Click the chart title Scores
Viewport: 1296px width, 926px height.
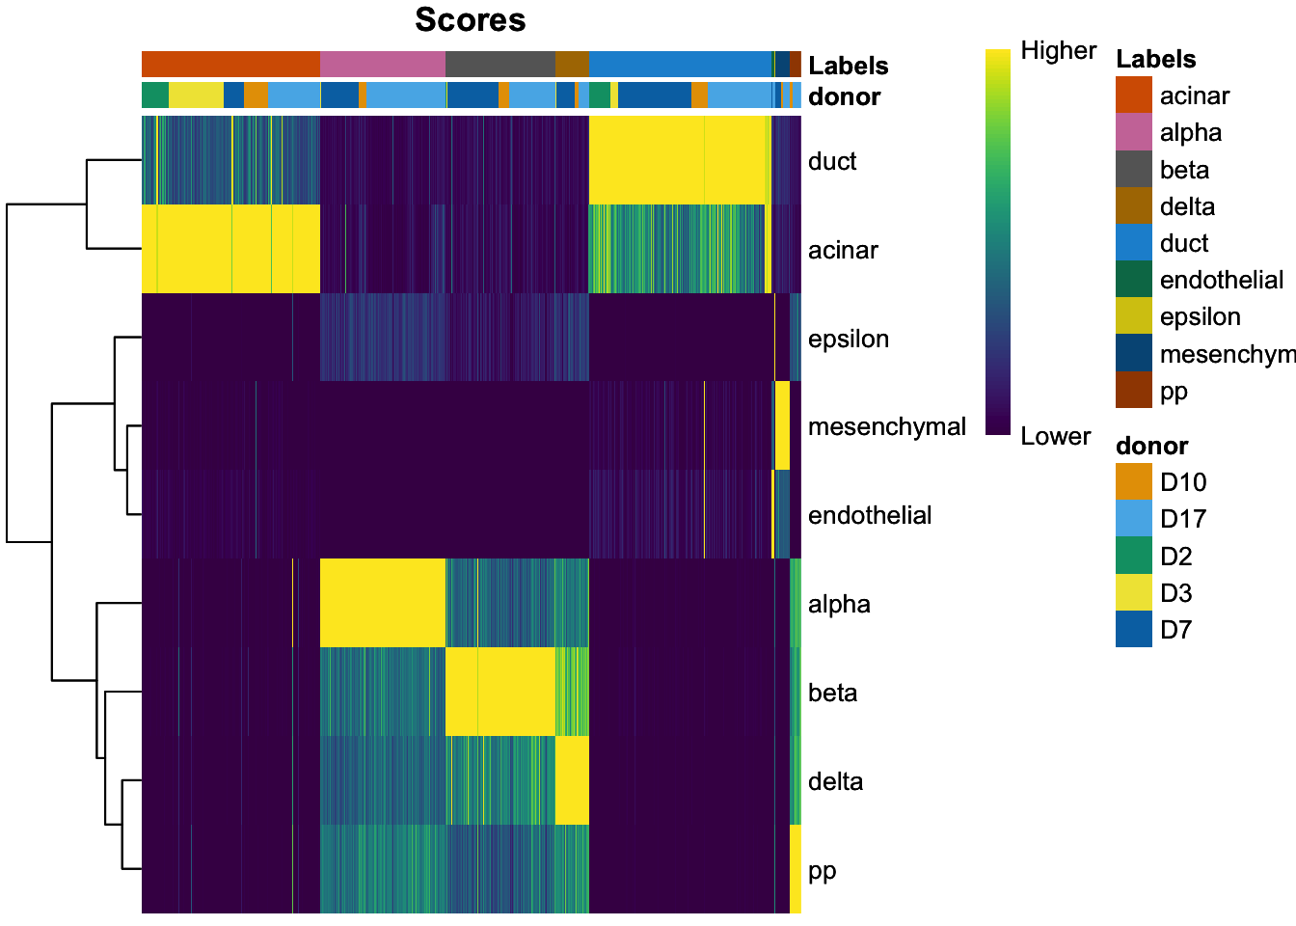(x=470, y=20)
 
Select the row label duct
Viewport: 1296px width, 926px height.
(x=832, y=161)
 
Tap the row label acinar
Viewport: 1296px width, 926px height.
(x=843, y=250)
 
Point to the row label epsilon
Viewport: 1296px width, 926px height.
(x=848, y=339)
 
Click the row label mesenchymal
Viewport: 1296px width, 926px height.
(x=886, y=426)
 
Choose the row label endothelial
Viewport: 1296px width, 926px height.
(x=869, y=515)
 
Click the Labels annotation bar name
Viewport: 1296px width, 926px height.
(x=848, y=66)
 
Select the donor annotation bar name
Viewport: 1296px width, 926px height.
(x=844, y=96)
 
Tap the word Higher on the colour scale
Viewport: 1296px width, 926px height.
(x=1058, y=51)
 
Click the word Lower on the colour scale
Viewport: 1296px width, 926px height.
(x=1055, y=436)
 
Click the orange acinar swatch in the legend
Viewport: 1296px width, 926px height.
(x=1133, y=95)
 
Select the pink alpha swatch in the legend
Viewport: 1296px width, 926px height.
(x=1133, y=132)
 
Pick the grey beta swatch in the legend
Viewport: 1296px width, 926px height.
(x=1133, y=170)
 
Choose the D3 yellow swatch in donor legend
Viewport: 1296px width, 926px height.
(x=1133, y=593)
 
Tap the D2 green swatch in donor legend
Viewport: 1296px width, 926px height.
(x=1133, y=557)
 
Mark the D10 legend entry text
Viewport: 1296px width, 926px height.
(x=1183, y=482)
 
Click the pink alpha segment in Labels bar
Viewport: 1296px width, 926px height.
(x=382, y=64)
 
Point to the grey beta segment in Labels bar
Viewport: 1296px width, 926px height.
(x=499, y=64)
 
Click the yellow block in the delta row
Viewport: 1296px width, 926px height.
(x=572, y=780)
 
